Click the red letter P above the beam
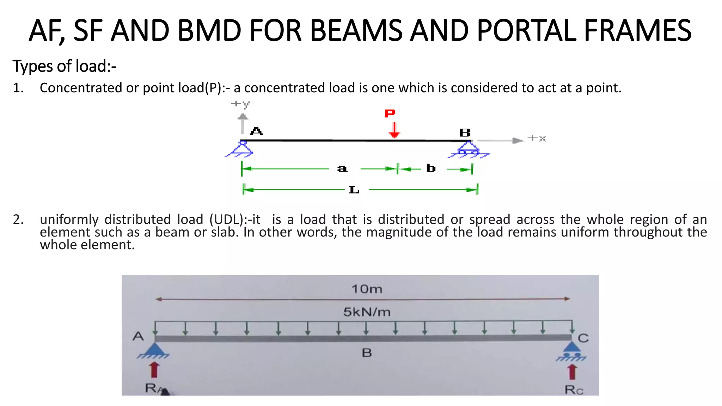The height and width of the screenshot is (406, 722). [390, 113]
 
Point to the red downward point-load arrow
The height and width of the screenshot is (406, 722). [394, 130]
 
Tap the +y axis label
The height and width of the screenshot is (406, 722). [240, 104]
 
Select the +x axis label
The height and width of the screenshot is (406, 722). [537, 138]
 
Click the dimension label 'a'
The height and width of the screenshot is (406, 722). [342, 169]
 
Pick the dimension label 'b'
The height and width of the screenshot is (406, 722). [431, 168]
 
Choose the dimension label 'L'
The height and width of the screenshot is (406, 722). [354, 190]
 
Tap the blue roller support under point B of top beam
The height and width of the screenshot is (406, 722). [468, 149]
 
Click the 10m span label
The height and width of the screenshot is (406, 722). [367, 289]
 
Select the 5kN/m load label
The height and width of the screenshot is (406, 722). [367, 312]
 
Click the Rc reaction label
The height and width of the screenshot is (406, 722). [574, 390]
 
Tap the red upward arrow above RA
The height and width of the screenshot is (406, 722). [154, 370]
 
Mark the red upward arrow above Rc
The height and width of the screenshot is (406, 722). [572, 372]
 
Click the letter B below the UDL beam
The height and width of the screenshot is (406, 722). [367, 353]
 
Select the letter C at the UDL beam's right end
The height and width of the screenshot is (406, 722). [583, 338]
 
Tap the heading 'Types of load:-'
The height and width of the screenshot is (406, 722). [65, 66]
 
